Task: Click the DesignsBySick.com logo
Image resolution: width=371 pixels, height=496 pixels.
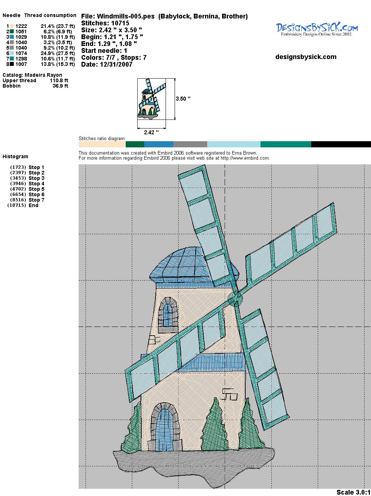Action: [x=317, y=29]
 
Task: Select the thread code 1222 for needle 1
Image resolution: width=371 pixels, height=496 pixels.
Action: [x=21, y=26]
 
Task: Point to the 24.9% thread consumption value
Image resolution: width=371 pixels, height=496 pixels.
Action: [x=58, y=53]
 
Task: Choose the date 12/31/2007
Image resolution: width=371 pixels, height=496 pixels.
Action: [x=116, y=64]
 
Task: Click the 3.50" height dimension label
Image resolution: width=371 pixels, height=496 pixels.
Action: [x=183, y=98]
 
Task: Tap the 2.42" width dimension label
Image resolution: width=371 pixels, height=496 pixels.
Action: [x=151, y=132]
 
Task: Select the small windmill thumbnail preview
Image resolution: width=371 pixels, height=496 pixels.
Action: [x=152, y=98]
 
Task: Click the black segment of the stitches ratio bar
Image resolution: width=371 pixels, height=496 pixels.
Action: [x=341, y=144]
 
